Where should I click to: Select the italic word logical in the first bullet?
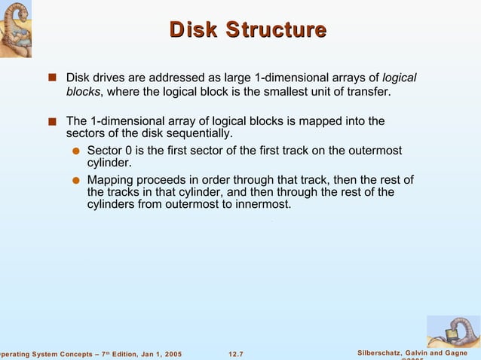click(400, 78)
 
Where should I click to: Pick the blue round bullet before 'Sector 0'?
click(76, 151)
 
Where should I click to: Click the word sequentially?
click(198, 134)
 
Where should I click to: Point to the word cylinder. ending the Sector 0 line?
click(110, 163)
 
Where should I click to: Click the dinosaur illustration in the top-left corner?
click(20, 29)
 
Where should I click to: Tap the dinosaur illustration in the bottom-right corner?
click(453, 331)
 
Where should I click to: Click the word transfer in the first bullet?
click(368, 92)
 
